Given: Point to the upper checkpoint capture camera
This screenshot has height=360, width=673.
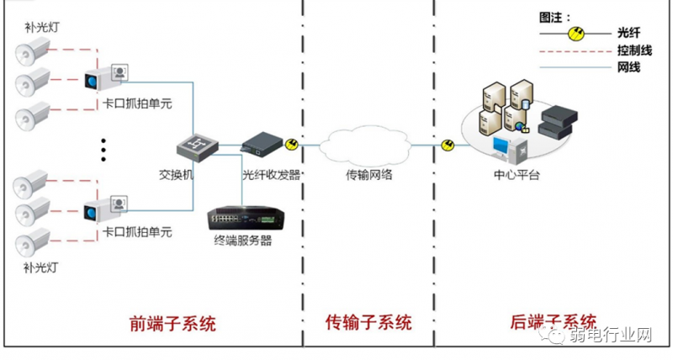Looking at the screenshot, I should tap(104, 79).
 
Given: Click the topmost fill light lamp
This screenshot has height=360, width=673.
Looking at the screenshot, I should tap(34, 53).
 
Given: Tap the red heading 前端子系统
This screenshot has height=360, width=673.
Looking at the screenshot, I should tap(172, 322).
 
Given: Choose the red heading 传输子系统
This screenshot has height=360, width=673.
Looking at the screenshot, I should tap(368, 322).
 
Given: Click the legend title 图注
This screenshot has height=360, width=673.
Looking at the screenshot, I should tap(555, 16).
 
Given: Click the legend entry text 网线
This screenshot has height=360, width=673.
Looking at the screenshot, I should tap(628, 67).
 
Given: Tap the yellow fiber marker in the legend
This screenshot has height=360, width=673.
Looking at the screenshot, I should tap(576, 34).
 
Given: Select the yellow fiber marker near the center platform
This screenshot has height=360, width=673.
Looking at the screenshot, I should tap(447, 146).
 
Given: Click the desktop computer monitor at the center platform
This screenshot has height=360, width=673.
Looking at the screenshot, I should tap(502, 145).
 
